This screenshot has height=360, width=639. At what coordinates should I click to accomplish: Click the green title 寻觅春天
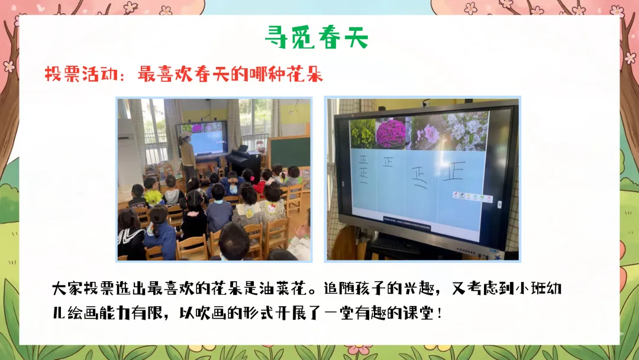[317, 38]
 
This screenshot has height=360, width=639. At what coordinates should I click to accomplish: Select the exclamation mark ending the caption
[439, 313]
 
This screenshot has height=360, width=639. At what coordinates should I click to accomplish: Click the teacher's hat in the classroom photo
[186, 134]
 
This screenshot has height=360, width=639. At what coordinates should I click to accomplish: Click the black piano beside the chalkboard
[244, 160]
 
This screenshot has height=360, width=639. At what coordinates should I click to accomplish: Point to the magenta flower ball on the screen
[390, 134]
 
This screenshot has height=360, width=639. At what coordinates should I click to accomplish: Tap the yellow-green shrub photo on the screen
[362, 134]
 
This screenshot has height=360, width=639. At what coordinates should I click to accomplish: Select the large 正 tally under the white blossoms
[454, 171]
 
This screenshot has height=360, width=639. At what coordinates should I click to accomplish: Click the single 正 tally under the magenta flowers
[388, 162]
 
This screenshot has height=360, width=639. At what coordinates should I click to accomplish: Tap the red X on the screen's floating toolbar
[489, 198]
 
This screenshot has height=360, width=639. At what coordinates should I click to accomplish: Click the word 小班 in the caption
[531, 289]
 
